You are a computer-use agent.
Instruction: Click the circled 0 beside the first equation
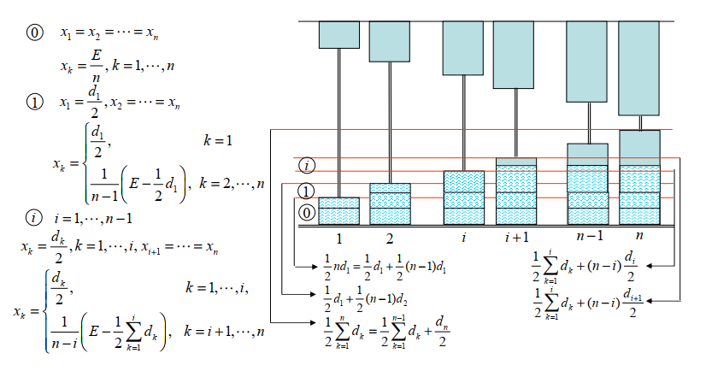35,33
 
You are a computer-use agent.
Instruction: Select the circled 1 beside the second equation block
35,103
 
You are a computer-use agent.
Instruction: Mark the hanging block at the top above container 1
338,35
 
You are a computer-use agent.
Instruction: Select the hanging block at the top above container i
463,49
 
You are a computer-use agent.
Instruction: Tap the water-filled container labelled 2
390,203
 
